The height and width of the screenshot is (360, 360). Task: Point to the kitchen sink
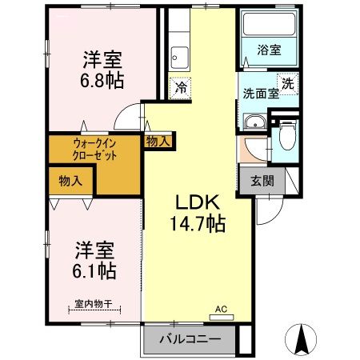(180, 58)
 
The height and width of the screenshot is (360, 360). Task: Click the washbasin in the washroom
(254, 122)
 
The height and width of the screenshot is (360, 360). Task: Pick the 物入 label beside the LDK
(158, 142)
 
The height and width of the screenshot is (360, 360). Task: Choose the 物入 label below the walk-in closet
(70, 182)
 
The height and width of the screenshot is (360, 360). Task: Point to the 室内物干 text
(92, 303)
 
